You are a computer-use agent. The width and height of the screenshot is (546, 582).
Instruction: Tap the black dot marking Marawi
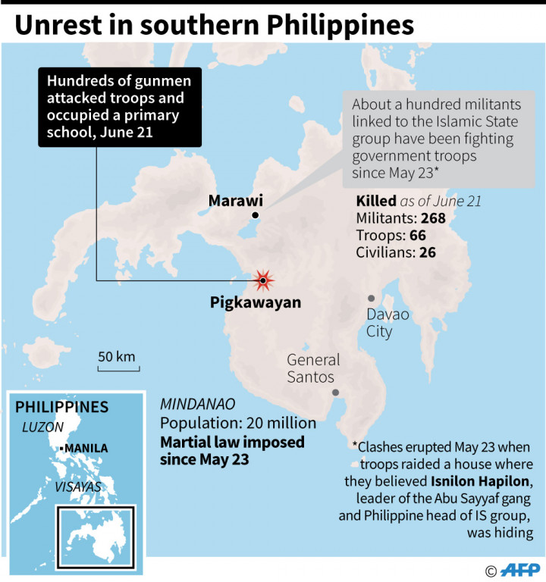256,216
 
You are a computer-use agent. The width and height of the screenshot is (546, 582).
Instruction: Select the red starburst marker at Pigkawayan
263,281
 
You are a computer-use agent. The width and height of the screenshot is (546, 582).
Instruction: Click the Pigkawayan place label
255,302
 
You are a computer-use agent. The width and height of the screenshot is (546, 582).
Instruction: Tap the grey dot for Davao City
372,299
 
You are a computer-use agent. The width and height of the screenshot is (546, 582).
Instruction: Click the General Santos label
313,369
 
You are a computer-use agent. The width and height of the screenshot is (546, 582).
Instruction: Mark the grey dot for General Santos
335,392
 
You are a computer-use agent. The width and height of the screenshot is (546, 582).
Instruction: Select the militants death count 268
430,218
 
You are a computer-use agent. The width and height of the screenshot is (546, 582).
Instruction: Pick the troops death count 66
416,236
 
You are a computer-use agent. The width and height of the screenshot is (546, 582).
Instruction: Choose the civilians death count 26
427,253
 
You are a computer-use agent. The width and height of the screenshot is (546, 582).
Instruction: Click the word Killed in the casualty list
376,201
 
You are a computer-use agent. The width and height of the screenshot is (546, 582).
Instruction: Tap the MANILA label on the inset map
86,448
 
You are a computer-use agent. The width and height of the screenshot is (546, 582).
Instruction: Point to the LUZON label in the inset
43,427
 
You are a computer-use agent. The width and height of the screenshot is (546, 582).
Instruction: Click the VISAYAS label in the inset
78,487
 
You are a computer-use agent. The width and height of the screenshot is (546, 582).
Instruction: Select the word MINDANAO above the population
197,403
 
